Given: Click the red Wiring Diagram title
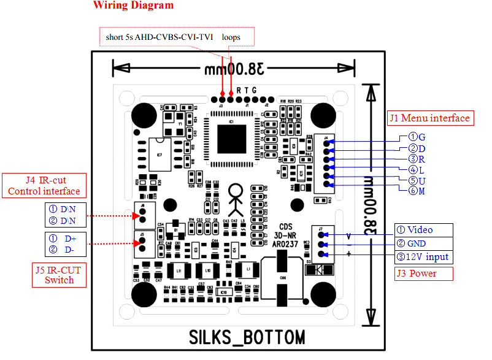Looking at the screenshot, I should click(133, 6).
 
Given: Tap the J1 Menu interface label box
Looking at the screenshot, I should click(429, 118).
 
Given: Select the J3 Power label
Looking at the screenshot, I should click(423, 274).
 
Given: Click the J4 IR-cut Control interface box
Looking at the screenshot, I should click(44, 186).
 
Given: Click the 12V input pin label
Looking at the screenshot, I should click(423, 257).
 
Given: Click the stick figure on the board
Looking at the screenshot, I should click(236, 196).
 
